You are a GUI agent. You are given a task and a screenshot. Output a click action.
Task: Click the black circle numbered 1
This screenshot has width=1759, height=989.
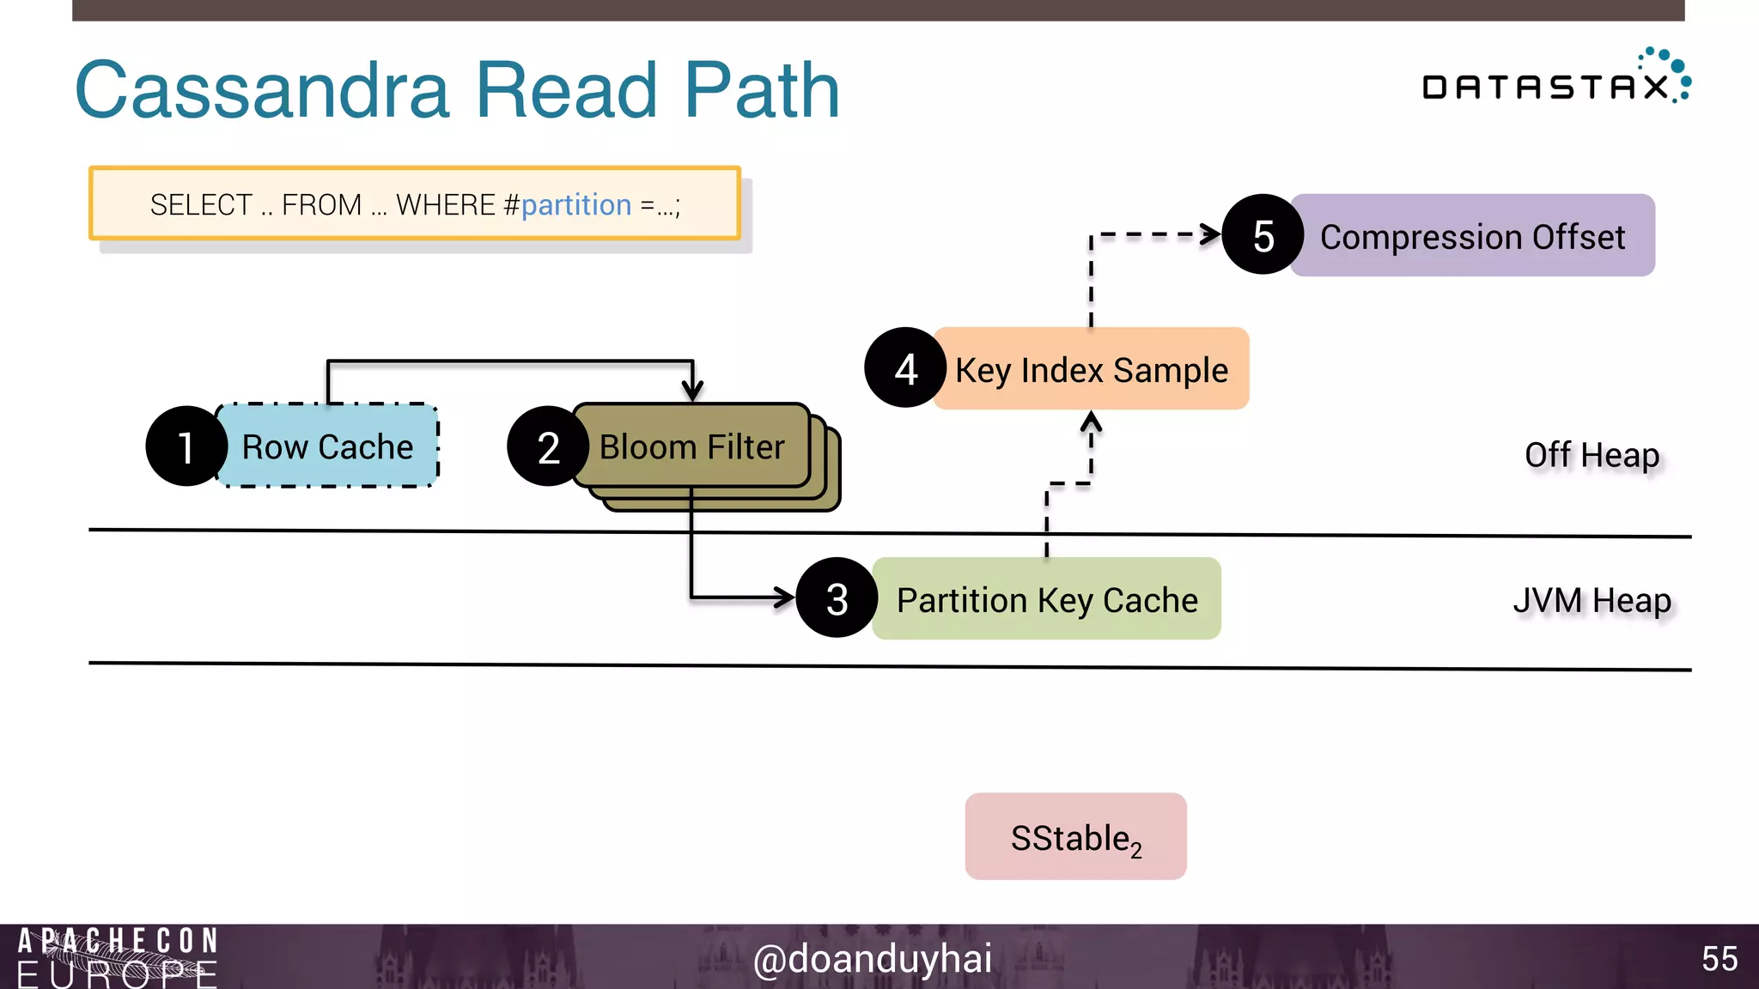click(x=186, y=446)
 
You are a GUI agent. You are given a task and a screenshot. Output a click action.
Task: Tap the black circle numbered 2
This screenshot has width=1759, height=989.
click(x=548, y=446)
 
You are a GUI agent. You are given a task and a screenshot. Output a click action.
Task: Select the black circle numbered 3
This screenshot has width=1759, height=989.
click(x=837, y=598)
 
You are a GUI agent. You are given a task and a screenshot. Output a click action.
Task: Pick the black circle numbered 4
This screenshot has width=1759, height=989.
click(x=904, y=368)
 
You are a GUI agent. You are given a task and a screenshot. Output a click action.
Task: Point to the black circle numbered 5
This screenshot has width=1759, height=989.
click(x=1262, y=235)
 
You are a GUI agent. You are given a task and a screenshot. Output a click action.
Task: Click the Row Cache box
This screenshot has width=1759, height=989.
click(x=328, y=446)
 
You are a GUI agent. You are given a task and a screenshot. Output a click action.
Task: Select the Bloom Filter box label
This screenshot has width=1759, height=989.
click(x=691, y=446)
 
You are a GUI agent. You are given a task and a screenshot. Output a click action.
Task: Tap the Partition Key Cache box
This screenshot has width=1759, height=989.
click(x=1046, y=599)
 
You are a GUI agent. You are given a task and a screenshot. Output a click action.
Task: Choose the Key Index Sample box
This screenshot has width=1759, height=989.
click(x=1091, y=369)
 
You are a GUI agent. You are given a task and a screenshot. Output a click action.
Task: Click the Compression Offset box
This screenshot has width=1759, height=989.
click(x=1472, y=236)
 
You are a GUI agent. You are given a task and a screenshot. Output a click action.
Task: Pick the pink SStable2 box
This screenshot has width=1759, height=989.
click(x=1075, y=837)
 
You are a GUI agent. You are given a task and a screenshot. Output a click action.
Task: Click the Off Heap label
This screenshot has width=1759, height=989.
click(x=1592, y=455)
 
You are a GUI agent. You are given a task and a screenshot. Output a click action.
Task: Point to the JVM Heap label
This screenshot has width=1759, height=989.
click(x=1592, y=600)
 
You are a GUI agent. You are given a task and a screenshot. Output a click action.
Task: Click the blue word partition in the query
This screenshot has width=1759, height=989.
click(x=575, y=205)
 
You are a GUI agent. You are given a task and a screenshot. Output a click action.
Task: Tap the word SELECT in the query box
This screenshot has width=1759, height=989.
click(x=201, y=205)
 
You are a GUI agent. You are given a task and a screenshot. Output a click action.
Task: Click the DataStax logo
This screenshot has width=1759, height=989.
click(x=1555, y=80)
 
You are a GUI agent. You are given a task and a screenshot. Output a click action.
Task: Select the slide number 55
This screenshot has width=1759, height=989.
click(x=1719, y=958)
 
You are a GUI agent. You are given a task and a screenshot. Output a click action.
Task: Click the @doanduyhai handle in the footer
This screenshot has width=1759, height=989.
click(x=872, y=958)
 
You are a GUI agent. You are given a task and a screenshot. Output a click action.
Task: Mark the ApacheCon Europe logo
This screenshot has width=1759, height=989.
click(x=118, y=957)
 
